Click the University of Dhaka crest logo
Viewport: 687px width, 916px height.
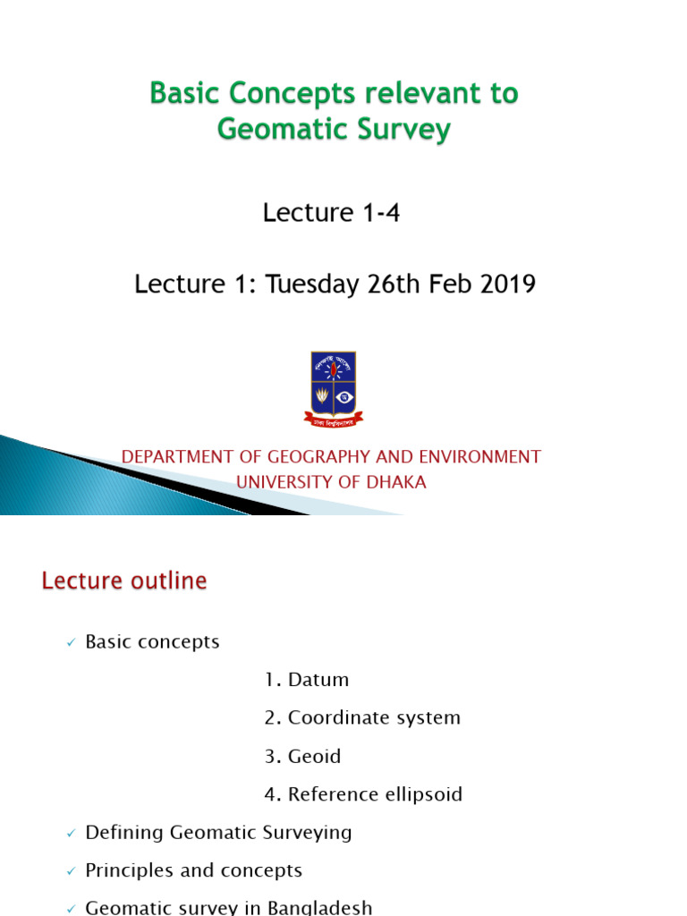tap(334, 388)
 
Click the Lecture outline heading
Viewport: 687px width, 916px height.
tap(124, 581)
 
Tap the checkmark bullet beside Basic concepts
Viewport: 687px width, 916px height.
tap(72, 643)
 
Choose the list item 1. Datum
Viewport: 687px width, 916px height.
tap(307, 680)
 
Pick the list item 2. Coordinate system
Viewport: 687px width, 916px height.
tap(362, 717)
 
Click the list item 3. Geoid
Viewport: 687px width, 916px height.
tap(302, 756)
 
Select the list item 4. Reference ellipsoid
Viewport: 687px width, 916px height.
tap(363, 794)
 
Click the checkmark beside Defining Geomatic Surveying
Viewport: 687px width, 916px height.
tap(72, 834)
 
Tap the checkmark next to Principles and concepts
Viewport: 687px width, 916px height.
tap(72, 871)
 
